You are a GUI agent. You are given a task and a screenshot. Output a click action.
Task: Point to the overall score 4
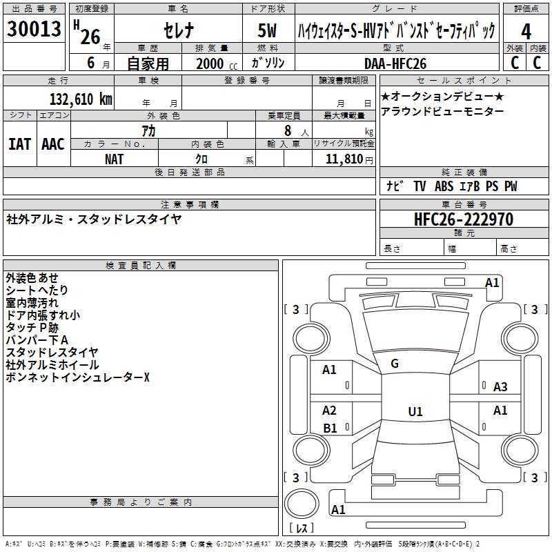click(x=526, y=32)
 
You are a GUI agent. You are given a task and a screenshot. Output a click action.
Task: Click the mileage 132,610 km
click(x=81, y=99)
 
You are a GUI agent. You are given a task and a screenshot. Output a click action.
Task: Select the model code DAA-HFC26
click(x=395, y=63)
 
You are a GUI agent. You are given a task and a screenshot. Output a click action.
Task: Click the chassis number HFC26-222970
click(x=464, y=219)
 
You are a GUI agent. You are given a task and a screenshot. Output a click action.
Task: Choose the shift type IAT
click(x=19, y=144)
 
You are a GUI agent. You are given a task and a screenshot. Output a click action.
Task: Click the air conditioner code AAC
click(x=52, y=144)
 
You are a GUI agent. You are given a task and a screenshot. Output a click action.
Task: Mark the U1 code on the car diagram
click(x=415, y=411)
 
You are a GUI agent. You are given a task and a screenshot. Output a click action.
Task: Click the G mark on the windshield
click(x=395, y=364)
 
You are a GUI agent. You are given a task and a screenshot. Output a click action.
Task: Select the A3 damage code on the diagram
click(x=500, y=387)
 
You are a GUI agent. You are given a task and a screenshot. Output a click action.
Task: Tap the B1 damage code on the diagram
click(x=330, y=428)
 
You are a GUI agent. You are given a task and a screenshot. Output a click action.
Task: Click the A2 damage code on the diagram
click(x=330, y=411)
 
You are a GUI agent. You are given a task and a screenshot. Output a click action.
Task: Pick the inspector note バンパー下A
click(x=37, y=340)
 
